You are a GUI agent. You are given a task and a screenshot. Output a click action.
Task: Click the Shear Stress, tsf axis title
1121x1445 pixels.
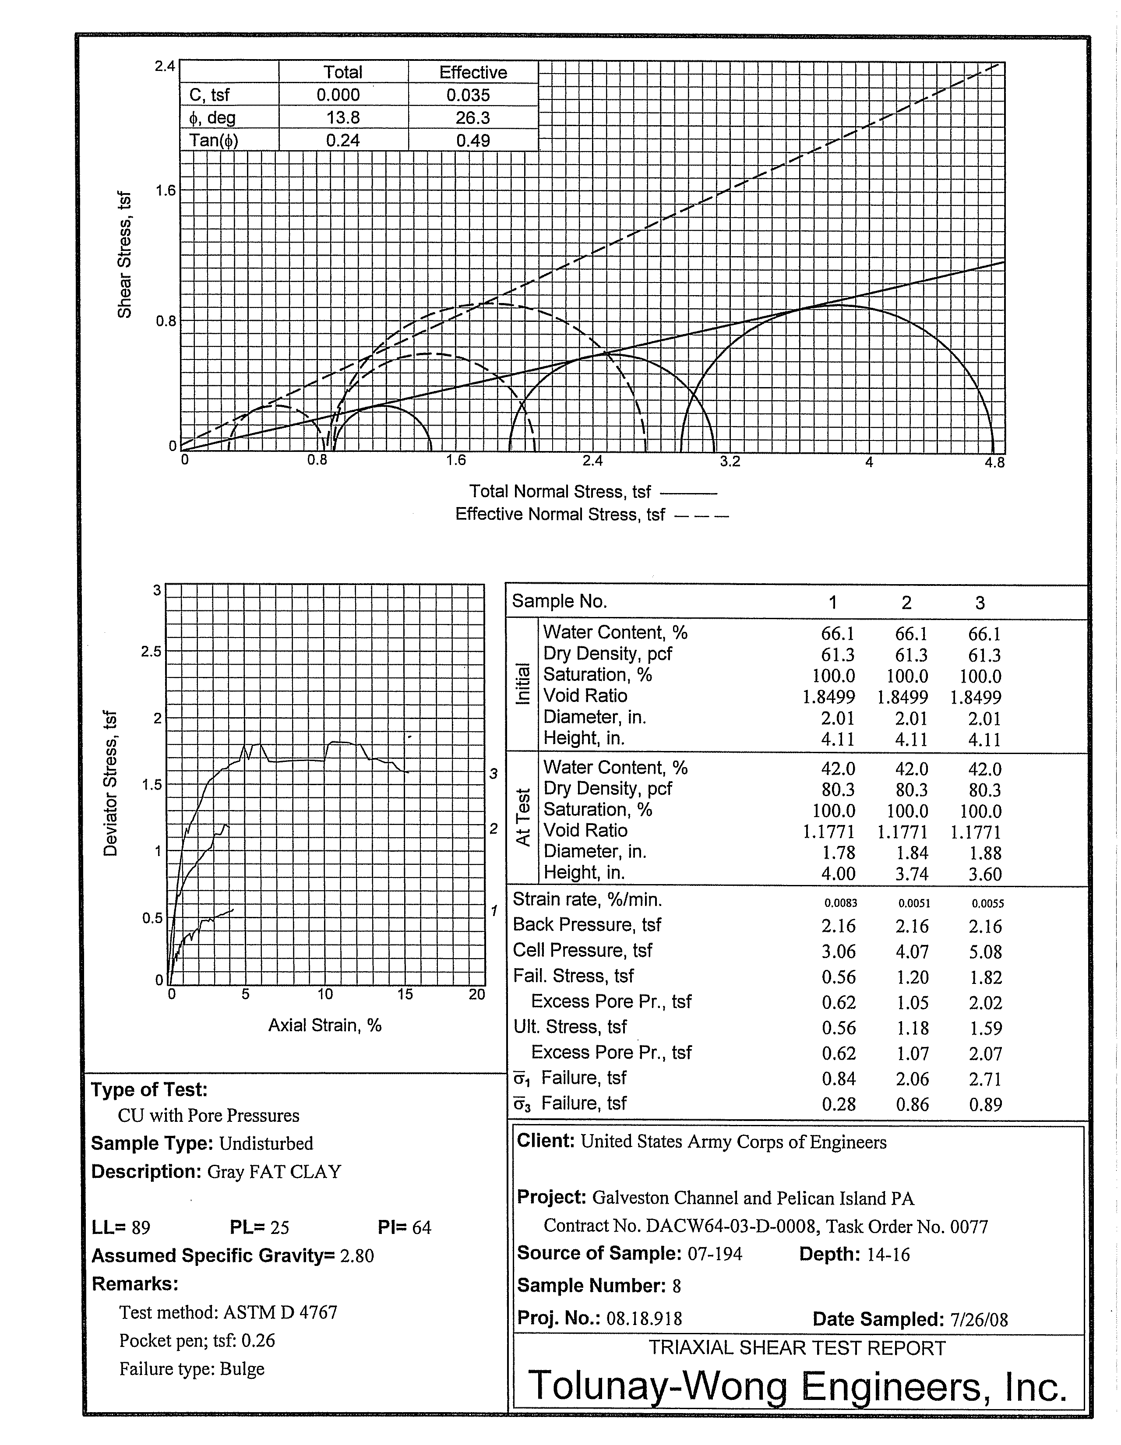pyautogui.click(x=124, y=255)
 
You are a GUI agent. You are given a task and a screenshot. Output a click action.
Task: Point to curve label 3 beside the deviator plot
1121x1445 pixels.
pyautogui.click(x=493, y=773)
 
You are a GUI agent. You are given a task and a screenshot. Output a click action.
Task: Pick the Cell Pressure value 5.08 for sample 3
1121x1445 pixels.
pyautogui.click(x=985, y=952)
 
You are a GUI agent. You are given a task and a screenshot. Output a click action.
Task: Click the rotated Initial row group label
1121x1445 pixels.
pyautogui.click(x=523, y=684)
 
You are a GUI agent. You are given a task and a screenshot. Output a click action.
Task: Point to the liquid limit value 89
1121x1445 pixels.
pyautogui.click(x=141, y=1228)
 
